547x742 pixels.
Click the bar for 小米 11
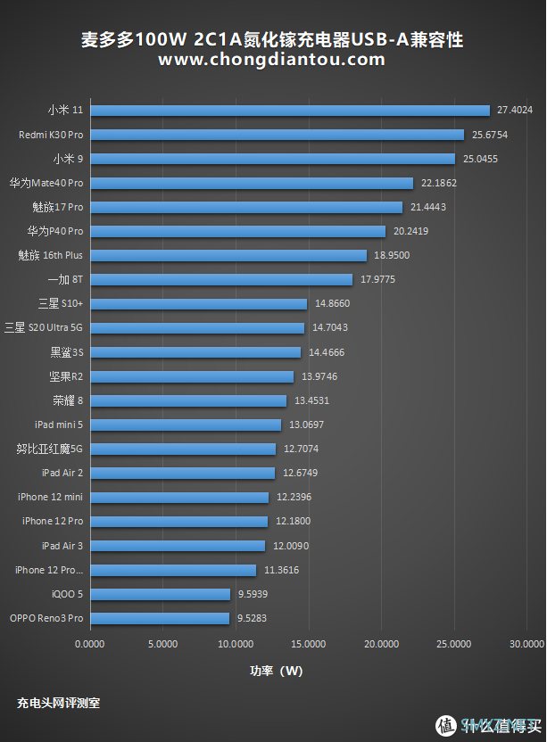(290, 111)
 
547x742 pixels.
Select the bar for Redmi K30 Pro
(277, 135)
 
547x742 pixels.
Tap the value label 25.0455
(479, 159)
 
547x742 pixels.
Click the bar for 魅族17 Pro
(246, 207)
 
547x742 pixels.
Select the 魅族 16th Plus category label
(50, 255)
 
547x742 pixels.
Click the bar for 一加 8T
(221, 279)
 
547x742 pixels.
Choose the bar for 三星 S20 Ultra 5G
(197, 327)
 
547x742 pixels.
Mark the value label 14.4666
(327, 352)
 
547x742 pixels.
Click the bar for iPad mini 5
(186, 425)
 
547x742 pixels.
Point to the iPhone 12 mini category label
(50, 497)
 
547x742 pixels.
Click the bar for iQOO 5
(160, 593)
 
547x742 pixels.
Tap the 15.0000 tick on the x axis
(308, 642)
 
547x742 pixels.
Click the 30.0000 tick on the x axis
(526, 642)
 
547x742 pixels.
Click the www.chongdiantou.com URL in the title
(272, 60)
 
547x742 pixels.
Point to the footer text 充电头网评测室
(58, 703)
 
